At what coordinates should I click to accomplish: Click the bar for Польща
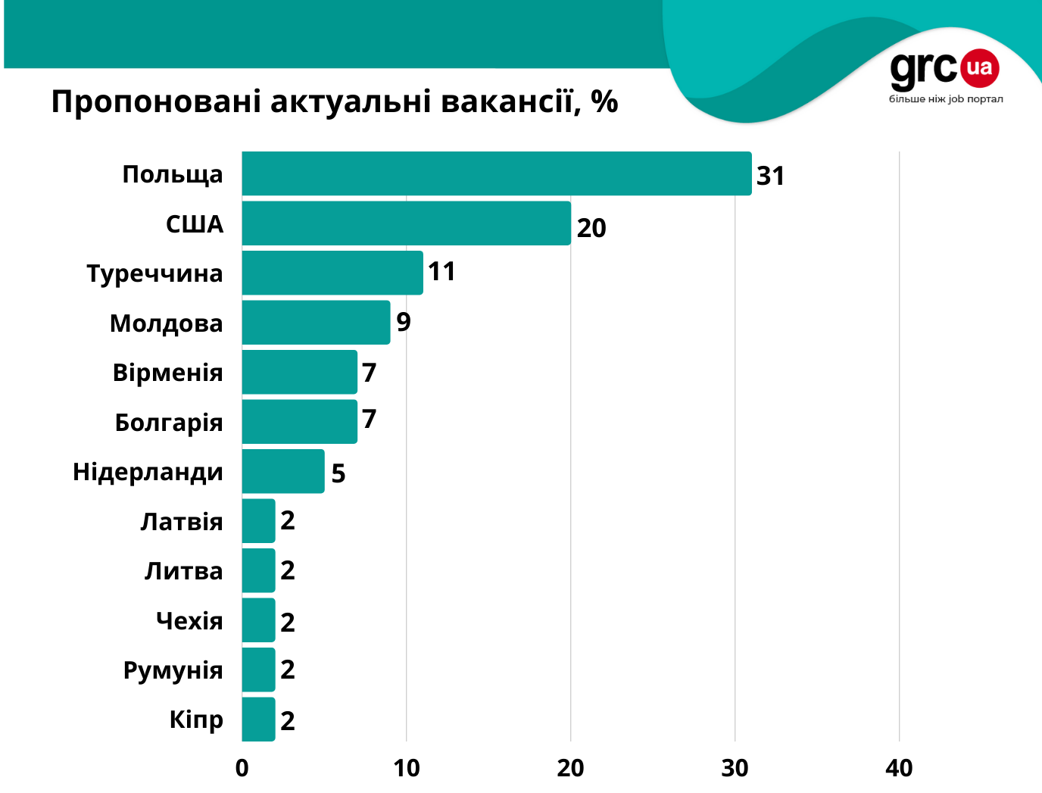[496, 173]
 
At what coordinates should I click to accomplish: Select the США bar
[406, 223]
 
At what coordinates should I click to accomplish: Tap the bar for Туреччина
[332, 273]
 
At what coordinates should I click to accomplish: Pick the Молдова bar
[316, 323]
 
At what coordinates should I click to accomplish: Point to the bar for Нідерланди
[282, 471]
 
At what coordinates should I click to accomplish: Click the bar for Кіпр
[258, 720]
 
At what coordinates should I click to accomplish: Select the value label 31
[770, 176]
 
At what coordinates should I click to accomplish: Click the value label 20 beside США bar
[591, 228]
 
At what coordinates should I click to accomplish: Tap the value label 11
[441, 271]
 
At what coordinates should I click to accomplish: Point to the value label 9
[404, 322]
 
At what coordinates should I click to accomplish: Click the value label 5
[338, 473]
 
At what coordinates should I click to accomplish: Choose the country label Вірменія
[167, 373]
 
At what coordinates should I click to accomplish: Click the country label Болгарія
[169, 423]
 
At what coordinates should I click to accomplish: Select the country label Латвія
[182, 522]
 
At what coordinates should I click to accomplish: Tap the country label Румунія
[173, 671]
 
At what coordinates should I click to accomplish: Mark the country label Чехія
[189, 621]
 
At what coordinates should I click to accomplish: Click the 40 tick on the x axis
[899, 768]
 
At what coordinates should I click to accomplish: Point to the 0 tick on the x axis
[242, 768]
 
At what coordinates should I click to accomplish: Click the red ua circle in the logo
[979, 67]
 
